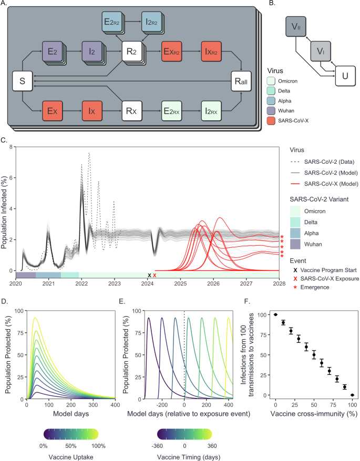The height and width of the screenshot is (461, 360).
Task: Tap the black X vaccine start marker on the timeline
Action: tap(149, 275)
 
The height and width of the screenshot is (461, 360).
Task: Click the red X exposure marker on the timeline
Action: tap(155, 275)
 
